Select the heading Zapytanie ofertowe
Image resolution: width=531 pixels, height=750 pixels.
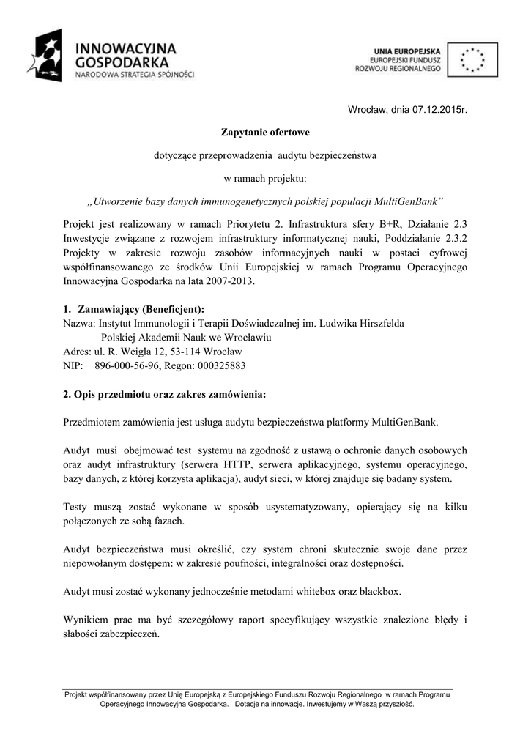pos(265,133)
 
